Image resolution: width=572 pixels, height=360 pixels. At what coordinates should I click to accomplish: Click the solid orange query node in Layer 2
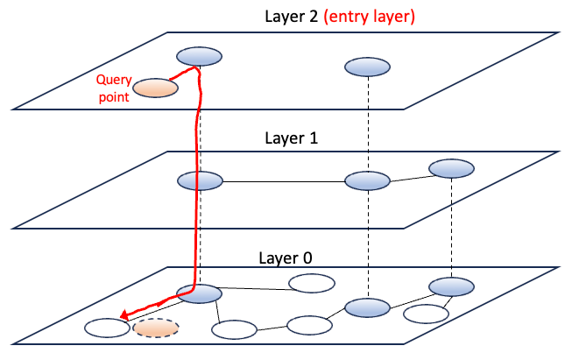157,88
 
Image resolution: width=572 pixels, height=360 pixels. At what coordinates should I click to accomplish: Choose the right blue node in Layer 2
367,66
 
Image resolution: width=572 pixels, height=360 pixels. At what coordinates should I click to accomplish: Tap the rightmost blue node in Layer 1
450,168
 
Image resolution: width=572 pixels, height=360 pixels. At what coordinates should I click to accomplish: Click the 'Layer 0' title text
281,258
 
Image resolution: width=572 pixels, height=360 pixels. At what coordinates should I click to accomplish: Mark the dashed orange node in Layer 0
156,328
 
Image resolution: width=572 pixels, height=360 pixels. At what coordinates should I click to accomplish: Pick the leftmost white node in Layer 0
105,328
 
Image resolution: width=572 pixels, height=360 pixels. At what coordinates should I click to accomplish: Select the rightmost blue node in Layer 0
451,286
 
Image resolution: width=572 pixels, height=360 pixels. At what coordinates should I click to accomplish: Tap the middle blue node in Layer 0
367,307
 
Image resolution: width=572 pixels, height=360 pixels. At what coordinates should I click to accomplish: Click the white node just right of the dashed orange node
233,329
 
